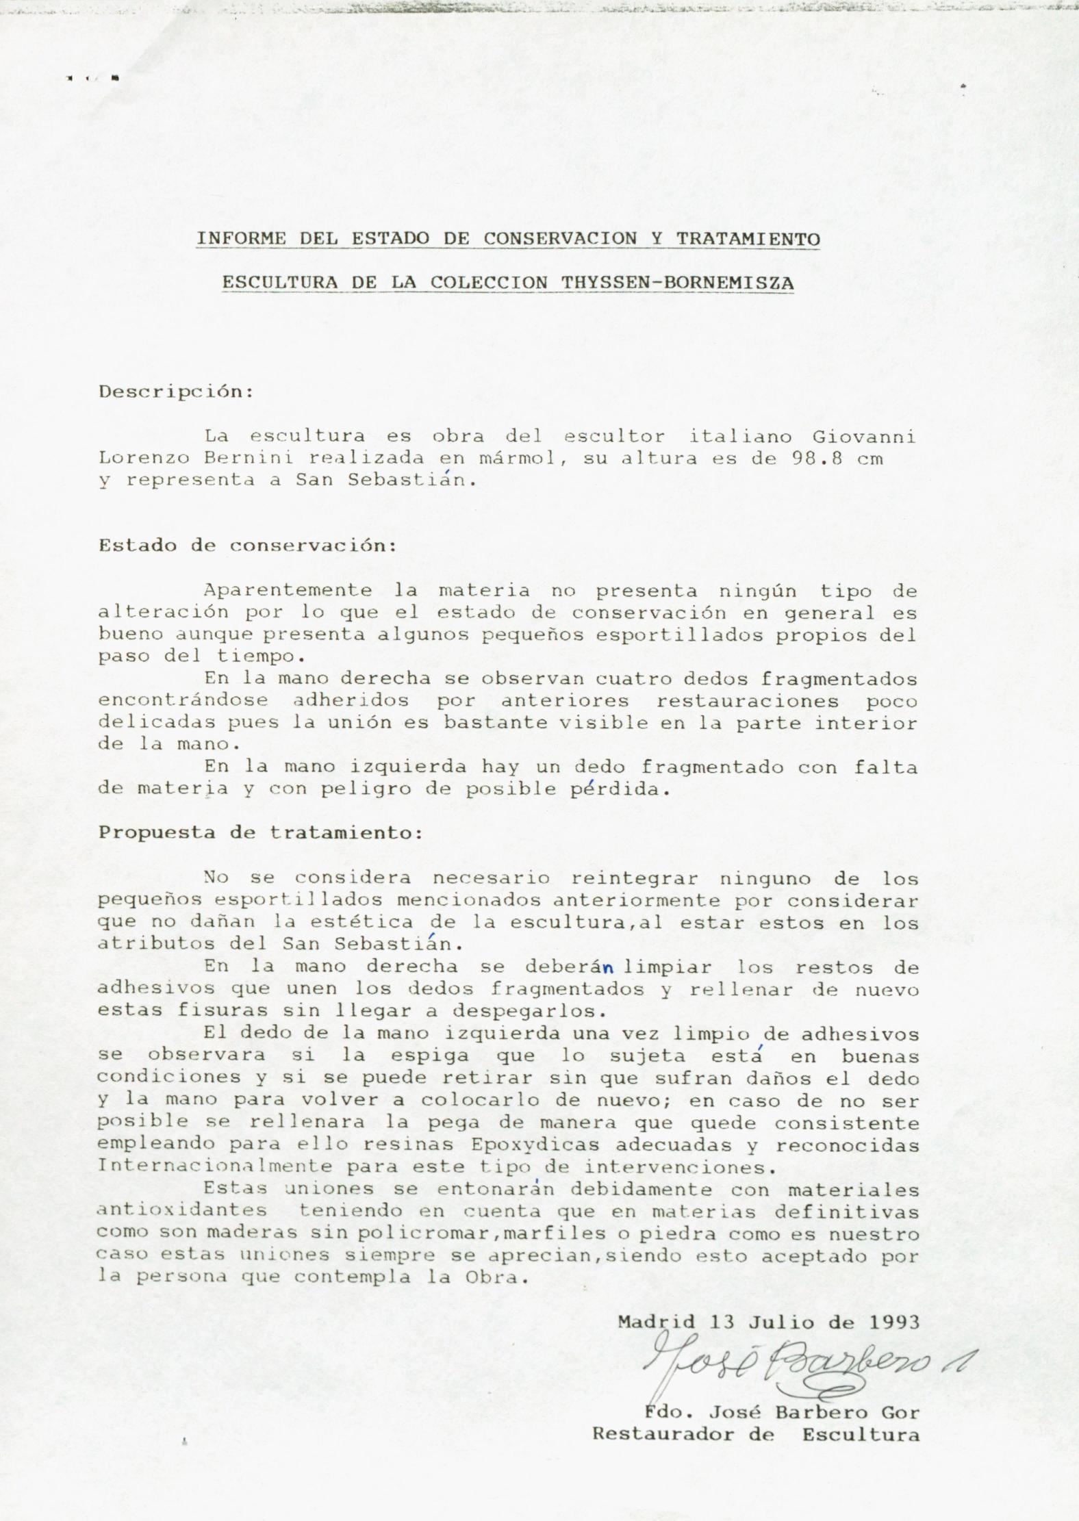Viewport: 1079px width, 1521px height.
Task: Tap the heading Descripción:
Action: [x=176, y=392]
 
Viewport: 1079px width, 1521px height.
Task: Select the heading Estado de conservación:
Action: [x=247, y=546]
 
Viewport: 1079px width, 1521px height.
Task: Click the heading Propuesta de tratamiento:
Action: [x=261, y=833]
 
